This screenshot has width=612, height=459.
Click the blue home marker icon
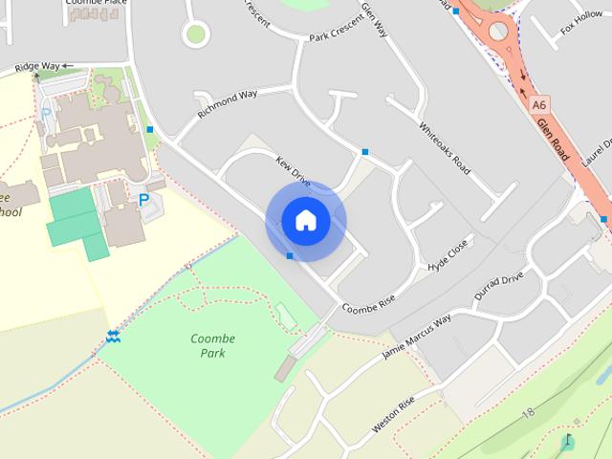pos(305,220)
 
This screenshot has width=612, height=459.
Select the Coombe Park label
pos(212,345)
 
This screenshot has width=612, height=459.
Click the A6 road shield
pos(539,103)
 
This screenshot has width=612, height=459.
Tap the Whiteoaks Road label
pos(445,146)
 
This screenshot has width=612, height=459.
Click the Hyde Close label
pos(448,254)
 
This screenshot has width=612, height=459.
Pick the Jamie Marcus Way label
pos(416,338)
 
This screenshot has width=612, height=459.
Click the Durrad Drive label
pos(499,284)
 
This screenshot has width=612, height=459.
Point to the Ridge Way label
pos(37,67)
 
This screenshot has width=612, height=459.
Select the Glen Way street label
pos(374,19)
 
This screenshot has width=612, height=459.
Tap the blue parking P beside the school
pos(144,200)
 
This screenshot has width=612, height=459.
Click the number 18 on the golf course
pos(528,412)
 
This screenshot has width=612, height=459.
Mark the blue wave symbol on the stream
pos(113,336)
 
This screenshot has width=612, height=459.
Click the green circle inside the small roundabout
pos(196,34)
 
